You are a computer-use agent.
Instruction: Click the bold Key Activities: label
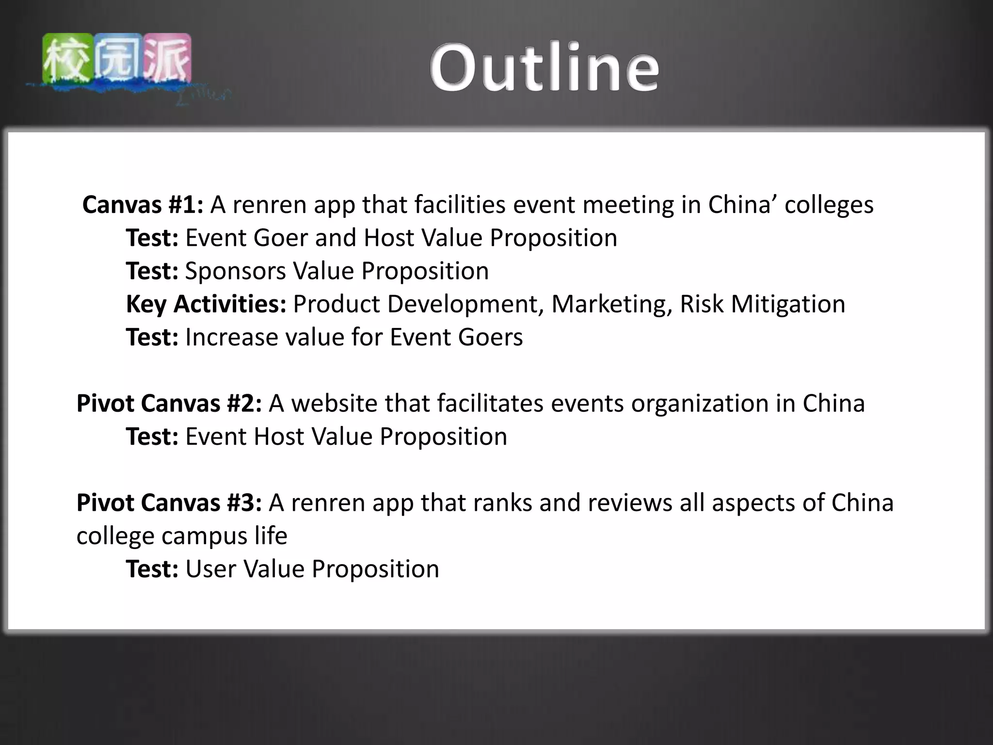206,304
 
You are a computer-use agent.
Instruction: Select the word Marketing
611,304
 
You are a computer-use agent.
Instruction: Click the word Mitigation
788,304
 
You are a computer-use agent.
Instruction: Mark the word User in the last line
211,569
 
